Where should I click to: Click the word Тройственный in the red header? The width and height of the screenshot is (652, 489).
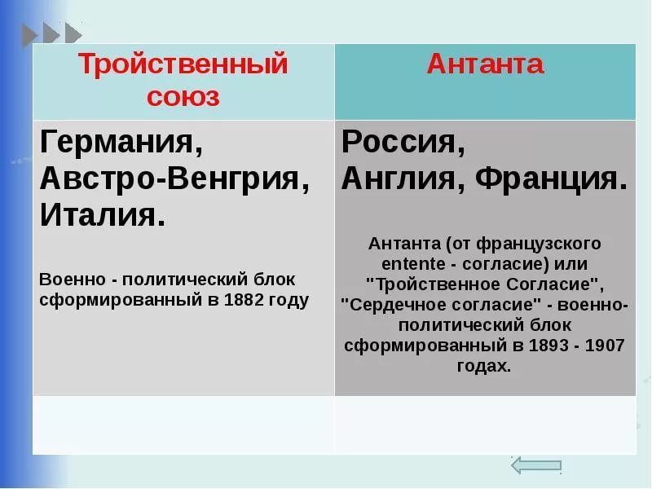tap(183, 65)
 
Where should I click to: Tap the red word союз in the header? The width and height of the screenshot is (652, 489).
tap(183, 97)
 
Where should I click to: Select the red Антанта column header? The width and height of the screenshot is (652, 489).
tap(485, 64)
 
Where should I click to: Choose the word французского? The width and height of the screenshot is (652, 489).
tap(539, 244)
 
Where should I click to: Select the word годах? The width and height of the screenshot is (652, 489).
tap(484, 366)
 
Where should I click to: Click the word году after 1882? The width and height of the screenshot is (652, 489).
tap(289, 301)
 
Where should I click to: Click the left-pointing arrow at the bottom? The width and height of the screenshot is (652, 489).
tap(536, 465)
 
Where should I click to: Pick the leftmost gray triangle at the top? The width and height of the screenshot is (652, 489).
tap(29, 35)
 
